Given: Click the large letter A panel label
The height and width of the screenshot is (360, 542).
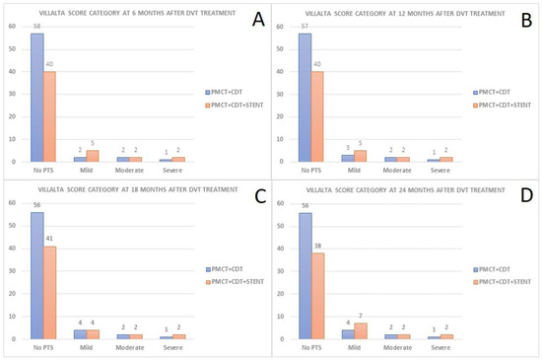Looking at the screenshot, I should coord(256,18).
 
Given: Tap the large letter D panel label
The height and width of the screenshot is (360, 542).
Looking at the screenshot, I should coord(523,196).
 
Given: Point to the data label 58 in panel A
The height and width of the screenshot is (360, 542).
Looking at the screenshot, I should coord(36,27).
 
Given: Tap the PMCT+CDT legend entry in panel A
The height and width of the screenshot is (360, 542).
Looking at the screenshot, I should coord(233,89).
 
